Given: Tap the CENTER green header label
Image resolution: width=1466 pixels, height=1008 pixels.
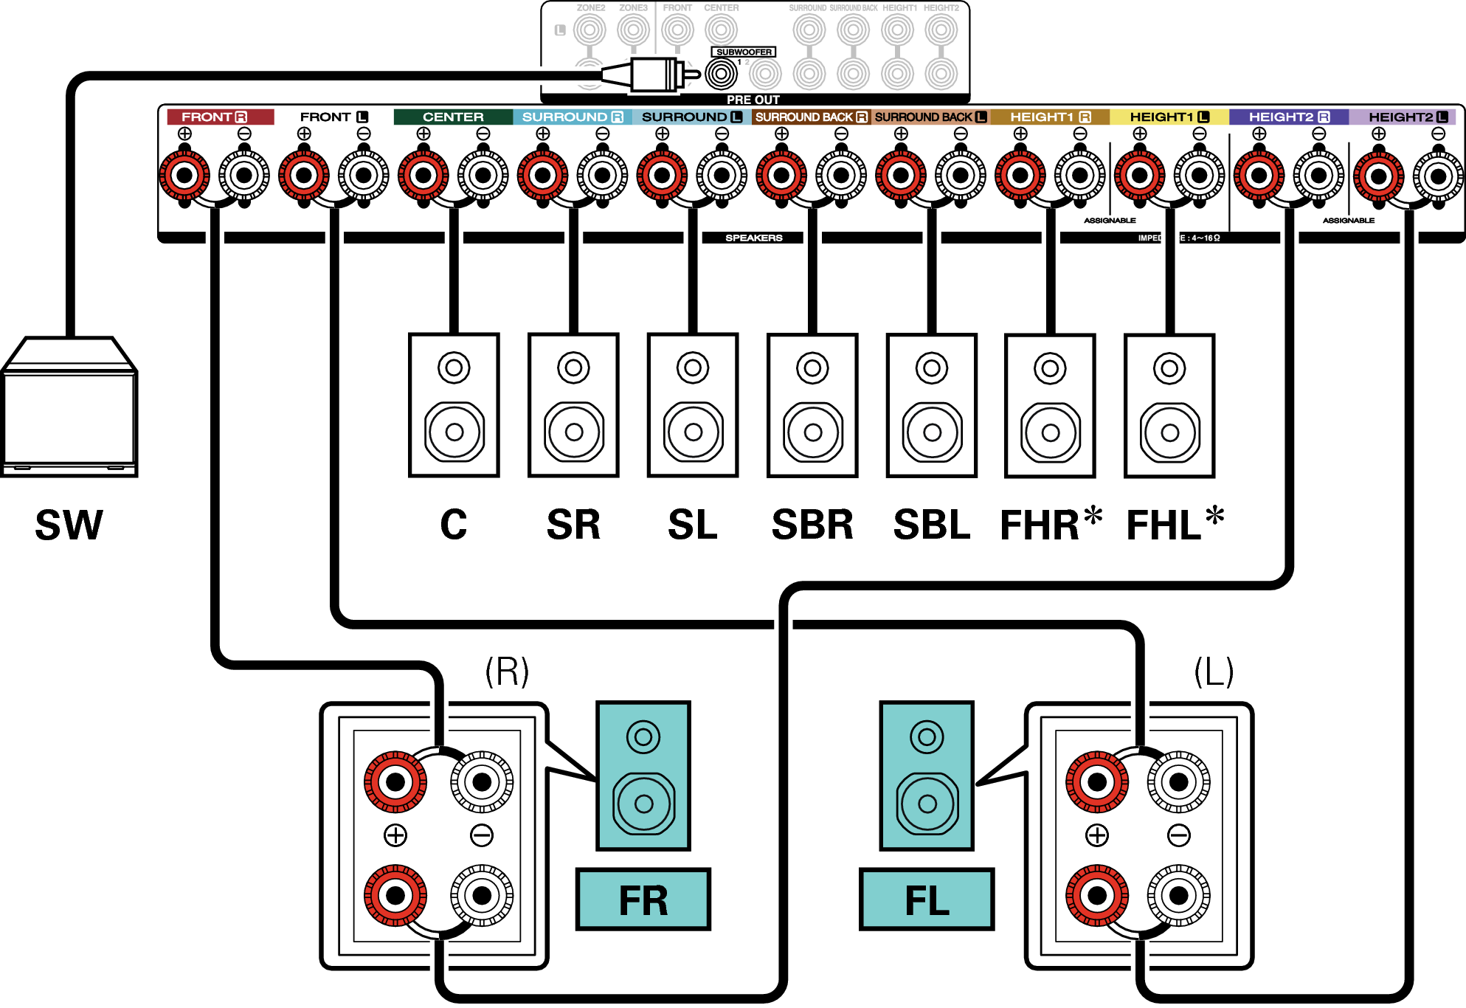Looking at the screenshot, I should click(453, 117).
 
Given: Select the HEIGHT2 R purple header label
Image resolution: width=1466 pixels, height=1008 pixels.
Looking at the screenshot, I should click(1288, 117).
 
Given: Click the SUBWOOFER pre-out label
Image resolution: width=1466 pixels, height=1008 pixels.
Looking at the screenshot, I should click(744, 52).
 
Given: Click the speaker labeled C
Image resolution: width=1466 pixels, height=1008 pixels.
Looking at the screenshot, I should click(454, 405).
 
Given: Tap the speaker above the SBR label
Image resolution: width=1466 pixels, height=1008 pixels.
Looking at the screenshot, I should click(812, 405).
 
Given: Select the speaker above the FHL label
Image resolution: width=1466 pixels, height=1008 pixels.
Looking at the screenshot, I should click(1169, 405).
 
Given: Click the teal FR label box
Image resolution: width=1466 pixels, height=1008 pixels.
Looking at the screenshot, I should click(643, 900).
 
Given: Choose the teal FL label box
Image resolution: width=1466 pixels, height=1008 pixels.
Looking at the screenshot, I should click(927, 900).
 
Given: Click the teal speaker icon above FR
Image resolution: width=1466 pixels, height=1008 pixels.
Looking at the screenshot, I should click(643, 776).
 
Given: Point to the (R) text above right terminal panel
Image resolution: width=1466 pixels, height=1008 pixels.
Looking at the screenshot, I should click(507, 672).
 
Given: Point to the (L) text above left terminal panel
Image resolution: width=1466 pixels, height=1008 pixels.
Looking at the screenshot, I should click(1214, 672).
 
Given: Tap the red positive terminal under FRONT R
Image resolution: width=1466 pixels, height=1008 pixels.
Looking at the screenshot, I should click(184, 176).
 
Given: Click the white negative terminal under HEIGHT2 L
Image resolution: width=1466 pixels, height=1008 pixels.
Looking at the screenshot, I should click(1438, 176).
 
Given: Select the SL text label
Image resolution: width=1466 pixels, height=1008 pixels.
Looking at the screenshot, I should click(692, 525).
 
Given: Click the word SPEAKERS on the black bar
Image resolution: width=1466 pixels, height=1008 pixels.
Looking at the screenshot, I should click(753, 238).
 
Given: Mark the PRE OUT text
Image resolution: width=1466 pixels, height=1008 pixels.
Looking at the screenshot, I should click(753, 100).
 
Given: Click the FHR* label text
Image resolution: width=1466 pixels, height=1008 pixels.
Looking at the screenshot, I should click(1050, 525).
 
